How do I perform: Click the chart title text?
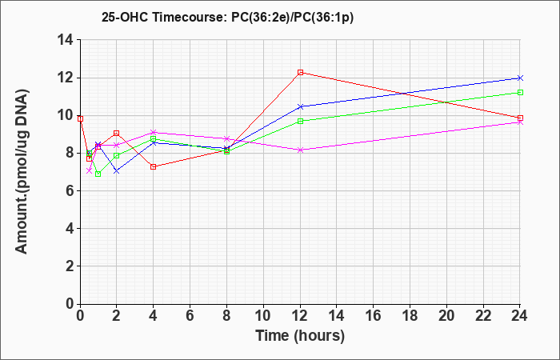click(x=227, y=17)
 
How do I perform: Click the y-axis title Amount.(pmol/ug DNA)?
click(x=22, y=172)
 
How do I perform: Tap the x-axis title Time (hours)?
click(x=300, y=336)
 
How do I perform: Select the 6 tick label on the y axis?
click(x=70, y=190)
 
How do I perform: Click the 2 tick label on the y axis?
click(x=70, y=266)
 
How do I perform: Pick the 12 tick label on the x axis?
click(x=300, y=316)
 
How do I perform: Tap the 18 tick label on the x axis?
click(x=410, y=316)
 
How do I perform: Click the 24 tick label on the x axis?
click(x=519, y=316)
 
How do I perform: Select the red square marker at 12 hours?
click(x=300, y=72)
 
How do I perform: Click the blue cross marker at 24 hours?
click(x=520, y=78)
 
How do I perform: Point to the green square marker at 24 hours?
click(x=520, y=93)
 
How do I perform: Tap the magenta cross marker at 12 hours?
click(x=300, y=150)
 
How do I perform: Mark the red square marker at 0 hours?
click(x=80, y=118)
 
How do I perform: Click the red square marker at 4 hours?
click(x=154, y=166)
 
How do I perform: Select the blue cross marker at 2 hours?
click(x=117, y=171)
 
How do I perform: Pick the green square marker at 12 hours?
click(x=300, y=121)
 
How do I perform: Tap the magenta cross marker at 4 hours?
click(x=154, y=133)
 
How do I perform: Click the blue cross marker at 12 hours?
click(x=300, y=106)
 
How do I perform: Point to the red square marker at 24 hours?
click(x=520, y=118)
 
